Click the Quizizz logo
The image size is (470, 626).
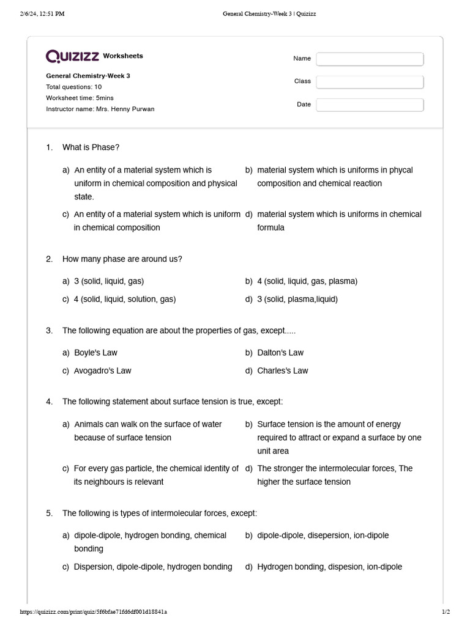pyautogui.click(x=73, y=56)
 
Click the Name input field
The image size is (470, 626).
pyautogui.click(x=370, y=59)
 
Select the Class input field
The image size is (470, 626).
pyautogui.click(x=370, y=82)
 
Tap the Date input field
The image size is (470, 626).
pyautogui.click(x=370, y=105)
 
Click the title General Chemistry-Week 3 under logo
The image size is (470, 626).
pyautogui.click(x=88, y=76)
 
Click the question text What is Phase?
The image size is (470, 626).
pyautogui.click(x=91, y=147)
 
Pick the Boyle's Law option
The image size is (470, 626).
pyautogui.click(x=95, y=353)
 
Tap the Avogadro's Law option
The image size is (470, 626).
pyautogui.click(x=102, y=370)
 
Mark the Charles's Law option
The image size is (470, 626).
pyautogui.click(x=283, y=370)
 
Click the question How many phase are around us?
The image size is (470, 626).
pyautogui.click(x=122, y=259)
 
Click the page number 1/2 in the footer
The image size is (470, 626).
pyautogui.click(x=446, y=611)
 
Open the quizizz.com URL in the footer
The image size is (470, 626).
pyautogui.click(x=93, y=611)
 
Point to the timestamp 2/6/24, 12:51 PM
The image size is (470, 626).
pyautogui.click(x=42, y=14)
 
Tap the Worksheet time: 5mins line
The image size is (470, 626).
pyautogui.click(x=80, y=98)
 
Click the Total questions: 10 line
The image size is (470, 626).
pyautogui.click(x=74, y=87)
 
